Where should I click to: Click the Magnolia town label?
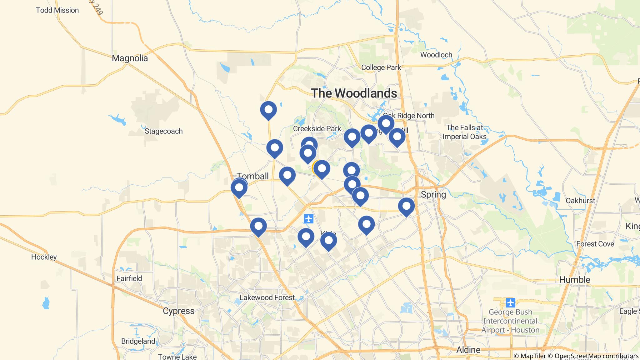tap(130, 58)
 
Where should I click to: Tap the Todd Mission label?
tap(57, 10)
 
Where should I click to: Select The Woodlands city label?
tap(354, 93)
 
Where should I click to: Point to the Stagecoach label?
tap(163, 131)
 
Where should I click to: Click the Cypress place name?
tap(179, 311)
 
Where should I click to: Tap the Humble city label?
tap(574, 280)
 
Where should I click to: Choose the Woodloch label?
tap(436, 55)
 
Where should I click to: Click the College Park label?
tap(381, 67)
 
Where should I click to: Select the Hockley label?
tap(44, 257)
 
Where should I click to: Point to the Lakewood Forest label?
tap(267, 297)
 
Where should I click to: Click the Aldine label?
tap(468, 350)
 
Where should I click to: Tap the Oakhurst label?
tap(580, 201)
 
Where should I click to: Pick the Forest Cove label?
tap(595, 244)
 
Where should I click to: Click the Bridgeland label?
tap(138, 341)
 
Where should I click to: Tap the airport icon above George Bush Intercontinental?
tap(510, 303)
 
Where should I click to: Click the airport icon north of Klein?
tap(308, 219)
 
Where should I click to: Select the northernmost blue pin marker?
tap(268, 110)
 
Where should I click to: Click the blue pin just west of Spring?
tap(406, 206)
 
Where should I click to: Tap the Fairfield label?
tap(129, 278)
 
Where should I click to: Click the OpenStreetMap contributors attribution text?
tap(596, 356)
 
